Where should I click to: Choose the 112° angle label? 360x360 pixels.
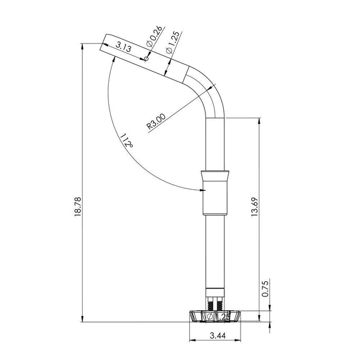click(127, 140)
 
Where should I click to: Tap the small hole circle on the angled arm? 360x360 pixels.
click(145, 57)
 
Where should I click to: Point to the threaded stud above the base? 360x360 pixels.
click(215, 302)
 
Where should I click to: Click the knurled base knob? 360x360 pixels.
click(215, 316)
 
